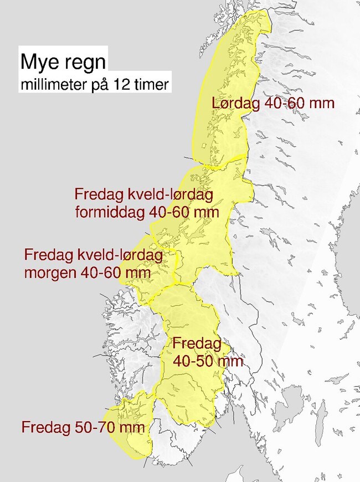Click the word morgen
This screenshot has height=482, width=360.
pyautogui.click(x=52, y=273)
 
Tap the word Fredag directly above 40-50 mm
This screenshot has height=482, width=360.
pyautogui.click(x=197, y=343)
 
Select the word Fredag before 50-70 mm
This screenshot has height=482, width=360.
pyautogui.click(x=46, y=428)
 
